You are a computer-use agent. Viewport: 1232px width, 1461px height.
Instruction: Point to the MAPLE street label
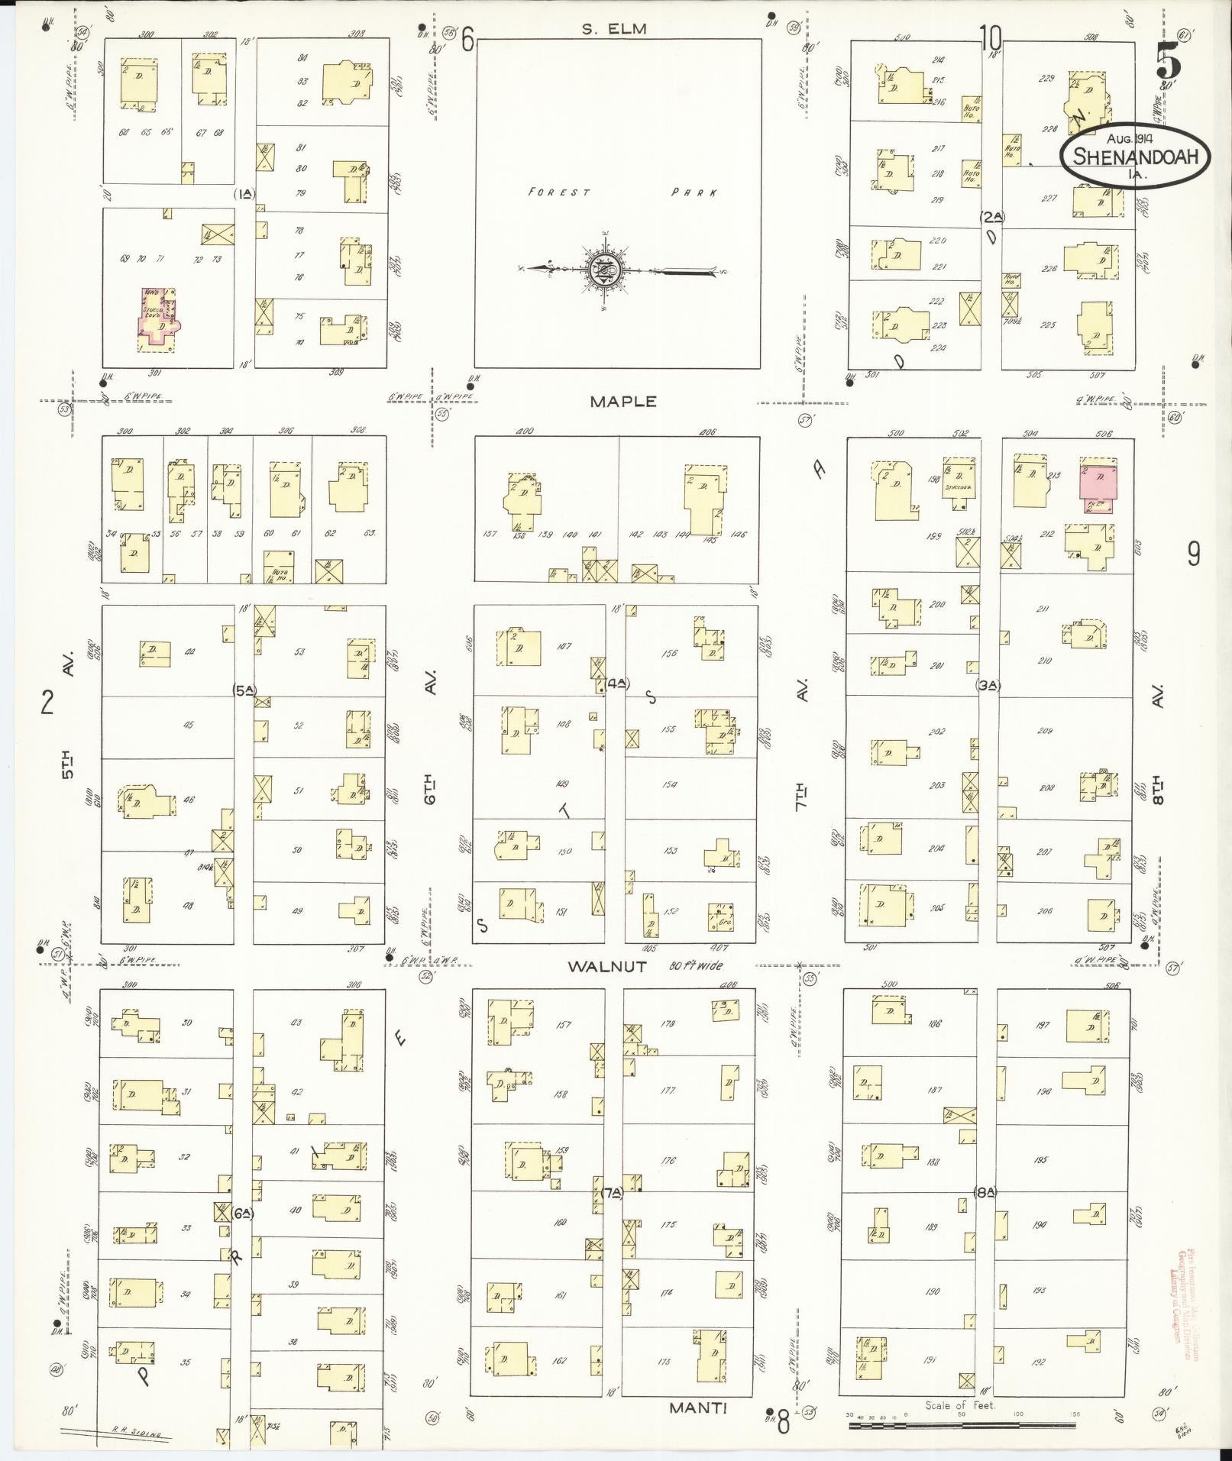[622, 402]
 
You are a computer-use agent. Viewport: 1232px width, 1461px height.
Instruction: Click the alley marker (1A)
[244, 194]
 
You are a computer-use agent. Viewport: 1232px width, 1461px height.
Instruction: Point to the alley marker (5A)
[245, 690]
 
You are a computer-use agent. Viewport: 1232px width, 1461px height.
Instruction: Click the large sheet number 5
[1169, 58]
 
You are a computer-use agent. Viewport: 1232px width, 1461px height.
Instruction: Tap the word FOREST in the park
[558, 192]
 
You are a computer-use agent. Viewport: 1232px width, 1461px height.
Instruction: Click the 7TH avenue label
[801, 797]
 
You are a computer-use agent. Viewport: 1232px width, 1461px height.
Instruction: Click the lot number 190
[932, 1292]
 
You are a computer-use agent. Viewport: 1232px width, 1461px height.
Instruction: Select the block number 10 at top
[991, 37]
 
